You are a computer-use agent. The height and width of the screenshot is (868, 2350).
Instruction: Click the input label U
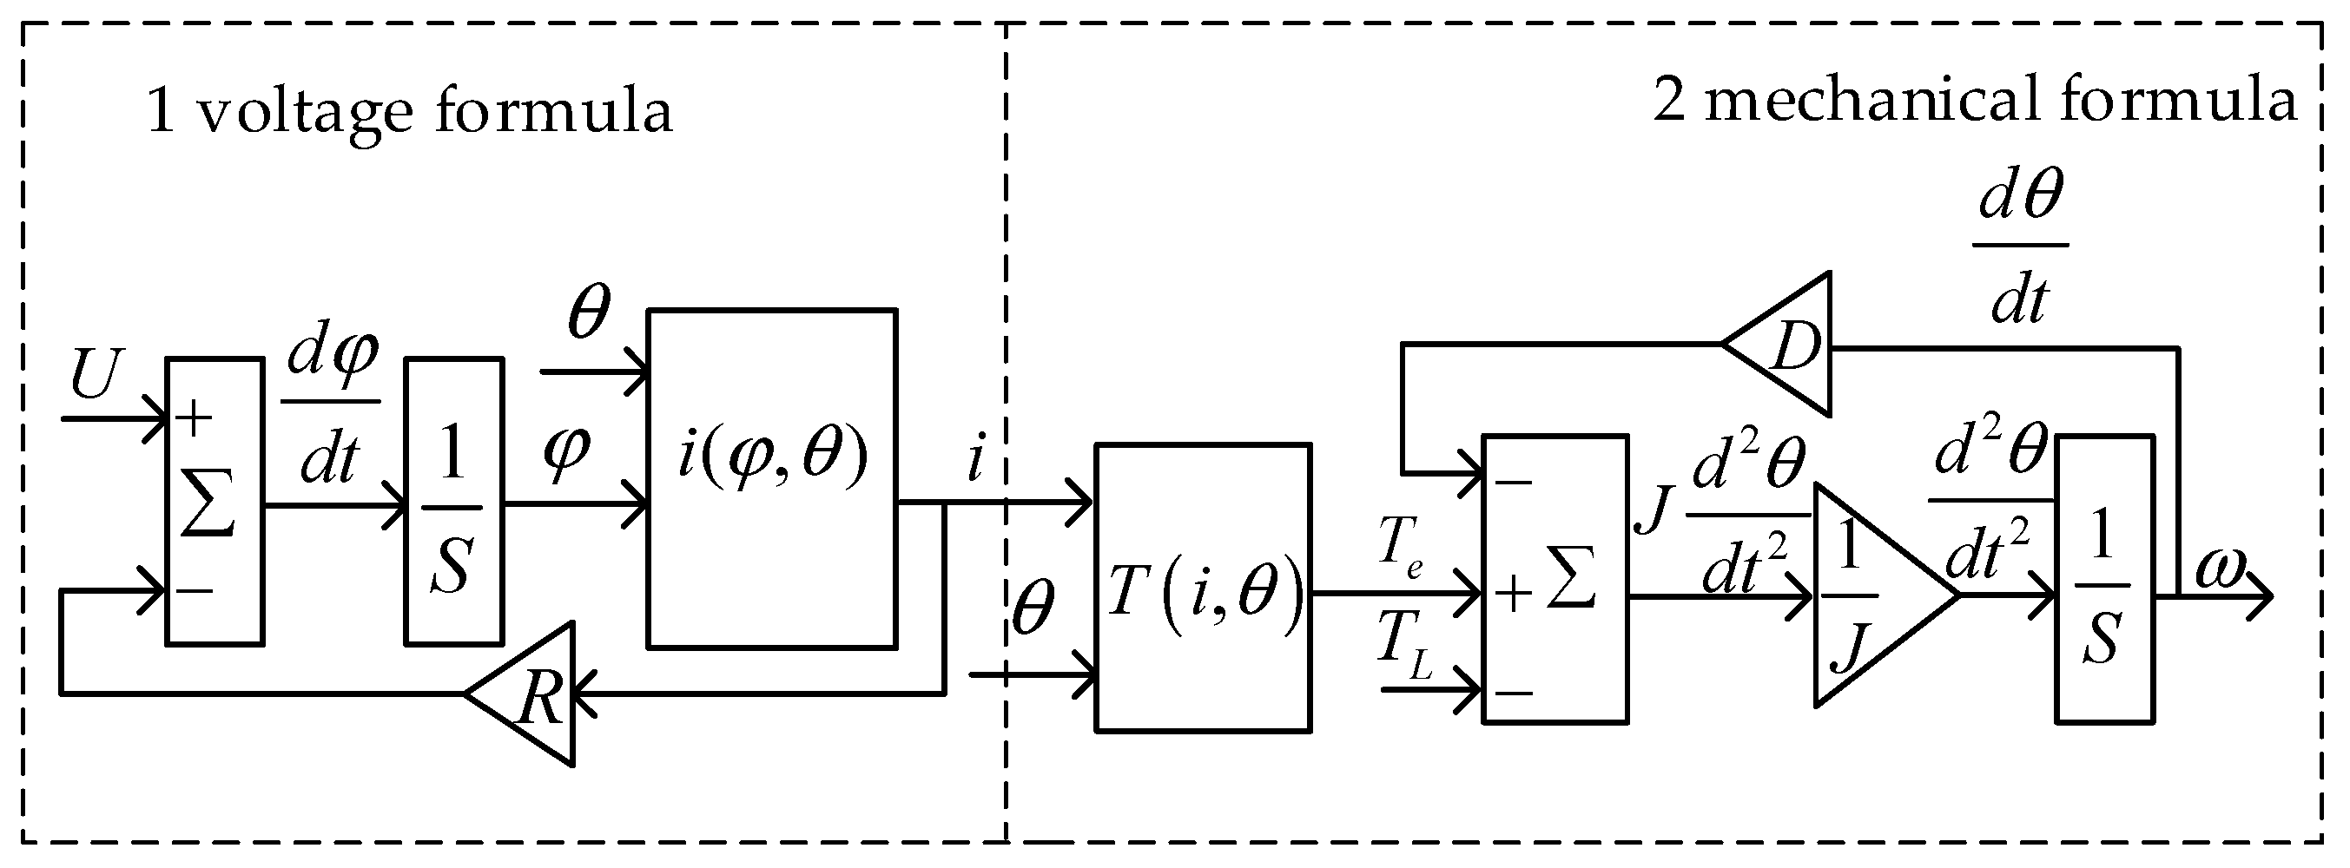(x=95, y=375)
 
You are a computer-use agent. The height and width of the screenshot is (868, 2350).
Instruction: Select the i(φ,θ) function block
(x=772, y=478)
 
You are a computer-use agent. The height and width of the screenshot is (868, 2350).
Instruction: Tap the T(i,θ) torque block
(x=1203, y=589)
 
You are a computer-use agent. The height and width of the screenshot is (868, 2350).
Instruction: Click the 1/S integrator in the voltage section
(x=453, y=502)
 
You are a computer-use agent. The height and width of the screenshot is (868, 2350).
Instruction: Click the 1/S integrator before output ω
(x=2103, y=580)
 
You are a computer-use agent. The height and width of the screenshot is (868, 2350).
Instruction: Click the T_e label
(x=1400, y=547)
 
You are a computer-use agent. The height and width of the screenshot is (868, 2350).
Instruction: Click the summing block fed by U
(x=215, y=502)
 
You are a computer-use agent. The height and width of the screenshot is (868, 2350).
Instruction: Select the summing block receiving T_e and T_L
(x=1555, y=580)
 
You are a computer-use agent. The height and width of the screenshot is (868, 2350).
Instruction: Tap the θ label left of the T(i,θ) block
(x=1033, y=609)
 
